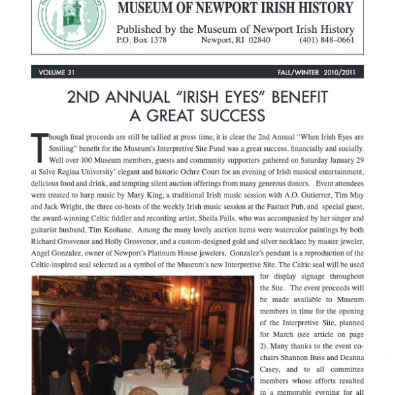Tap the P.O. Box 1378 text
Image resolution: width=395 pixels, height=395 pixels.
click(x=142, y=40)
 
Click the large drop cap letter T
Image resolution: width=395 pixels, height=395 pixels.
click(x=39, y=145)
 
